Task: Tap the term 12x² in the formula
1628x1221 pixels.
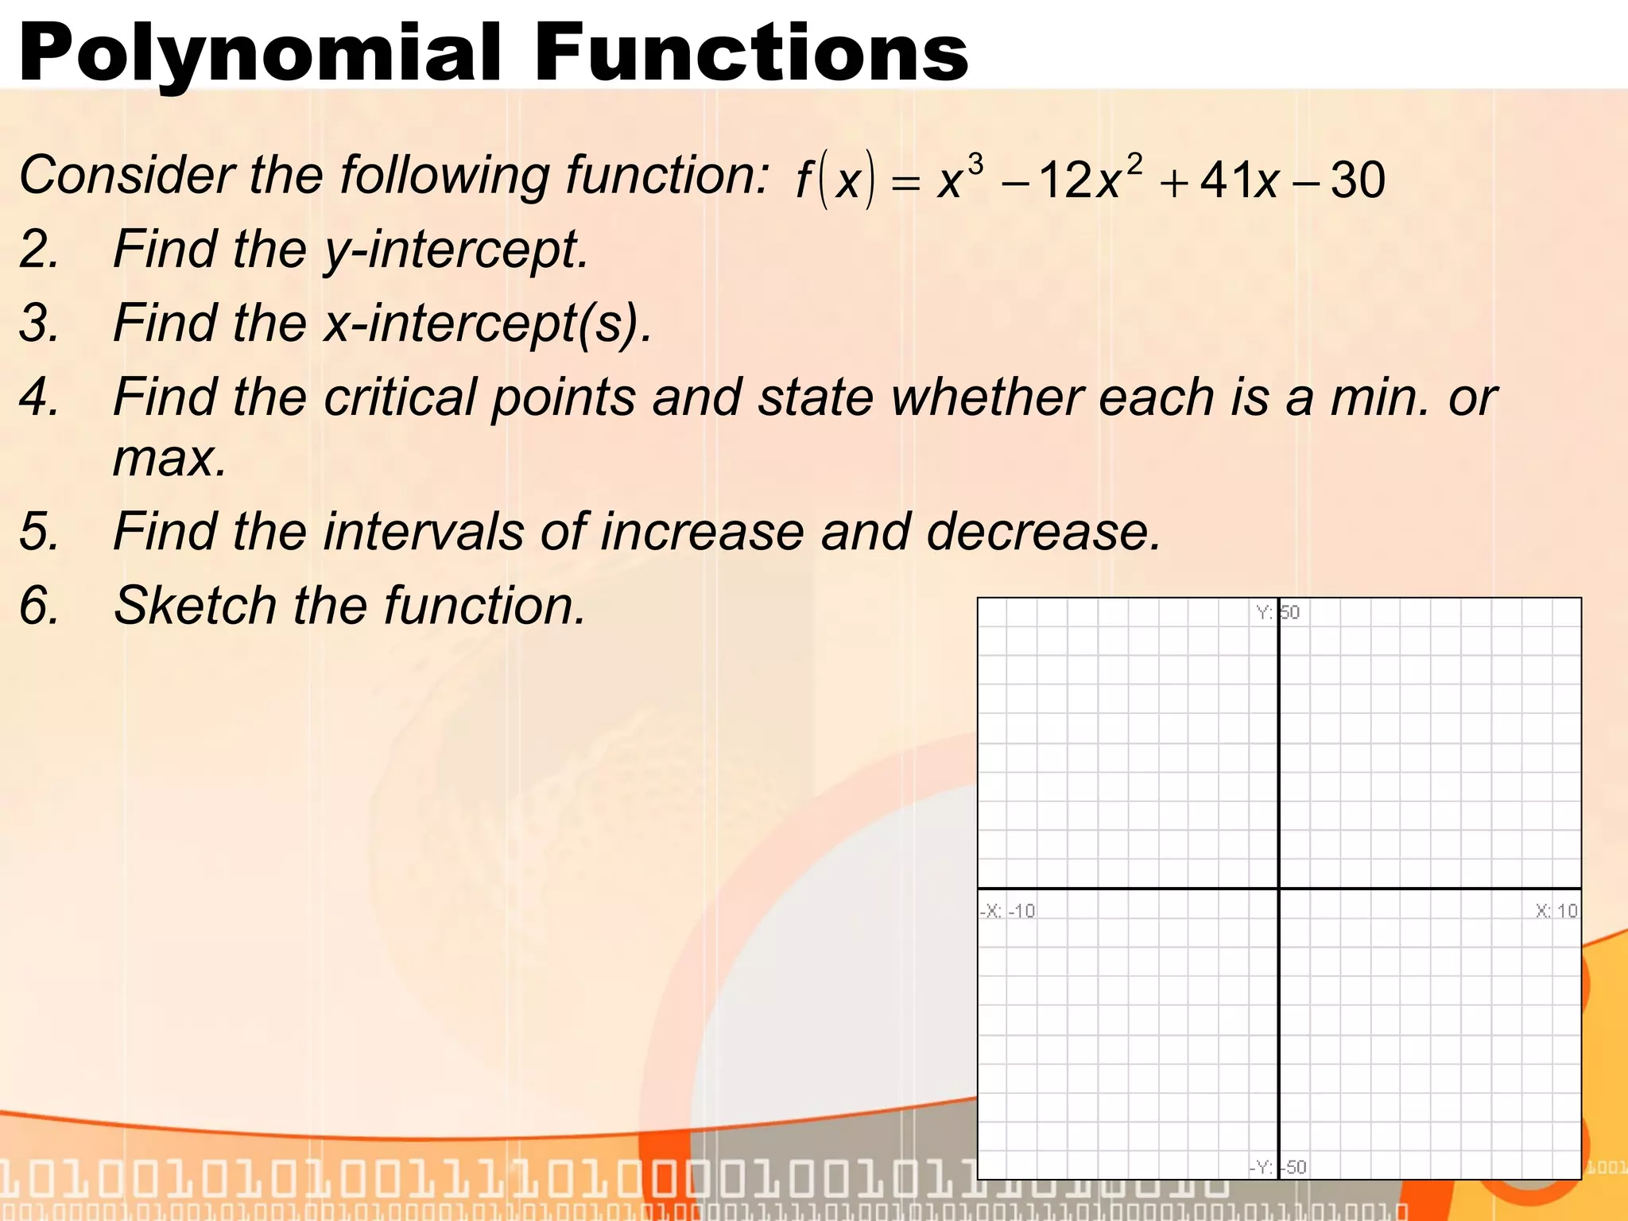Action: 1090,180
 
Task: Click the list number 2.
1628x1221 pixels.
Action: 39,250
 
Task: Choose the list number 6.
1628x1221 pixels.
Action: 39,606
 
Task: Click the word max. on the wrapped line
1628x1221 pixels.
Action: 169,459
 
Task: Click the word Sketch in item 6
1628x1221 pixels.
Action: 195,606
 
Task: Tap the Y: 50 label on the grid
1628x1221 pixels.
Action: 1277,612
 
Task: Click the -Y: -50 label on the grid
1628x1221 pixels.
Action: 1277,1167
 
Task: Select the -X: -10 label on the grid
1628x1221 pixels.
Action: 1007,911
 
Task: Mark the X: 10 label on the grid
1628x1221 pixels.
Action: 1556,911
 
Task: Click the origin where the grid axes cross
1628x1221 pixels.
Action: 1278,888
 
